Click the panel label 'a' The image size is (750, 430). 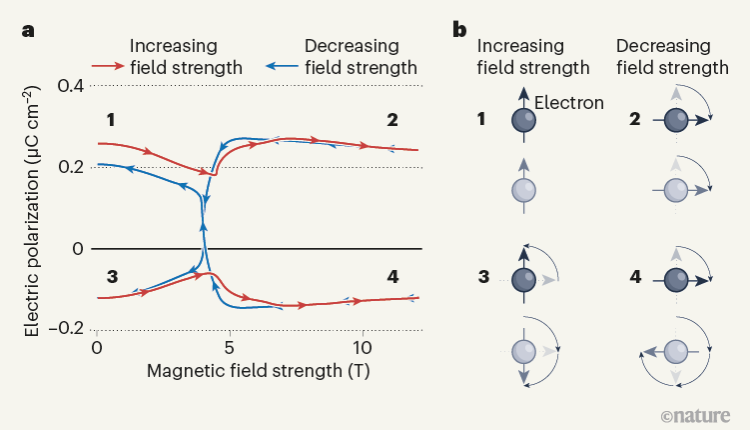tap(30, 29)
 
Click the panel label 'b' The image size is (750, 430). tap(460, 29)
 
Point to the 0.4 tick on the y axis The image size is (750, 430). tap(69, 86)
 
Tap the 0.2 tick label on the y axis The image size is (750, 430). tap(69, 167)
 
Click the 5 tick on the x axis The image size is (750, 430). tap(230, 347)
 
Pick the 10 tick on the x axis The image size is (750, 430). tap(363, 347)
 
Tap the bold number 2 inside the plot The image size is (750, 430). tap(392, 120)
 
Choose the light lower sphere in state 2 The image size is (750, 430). tap(676, 189)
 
